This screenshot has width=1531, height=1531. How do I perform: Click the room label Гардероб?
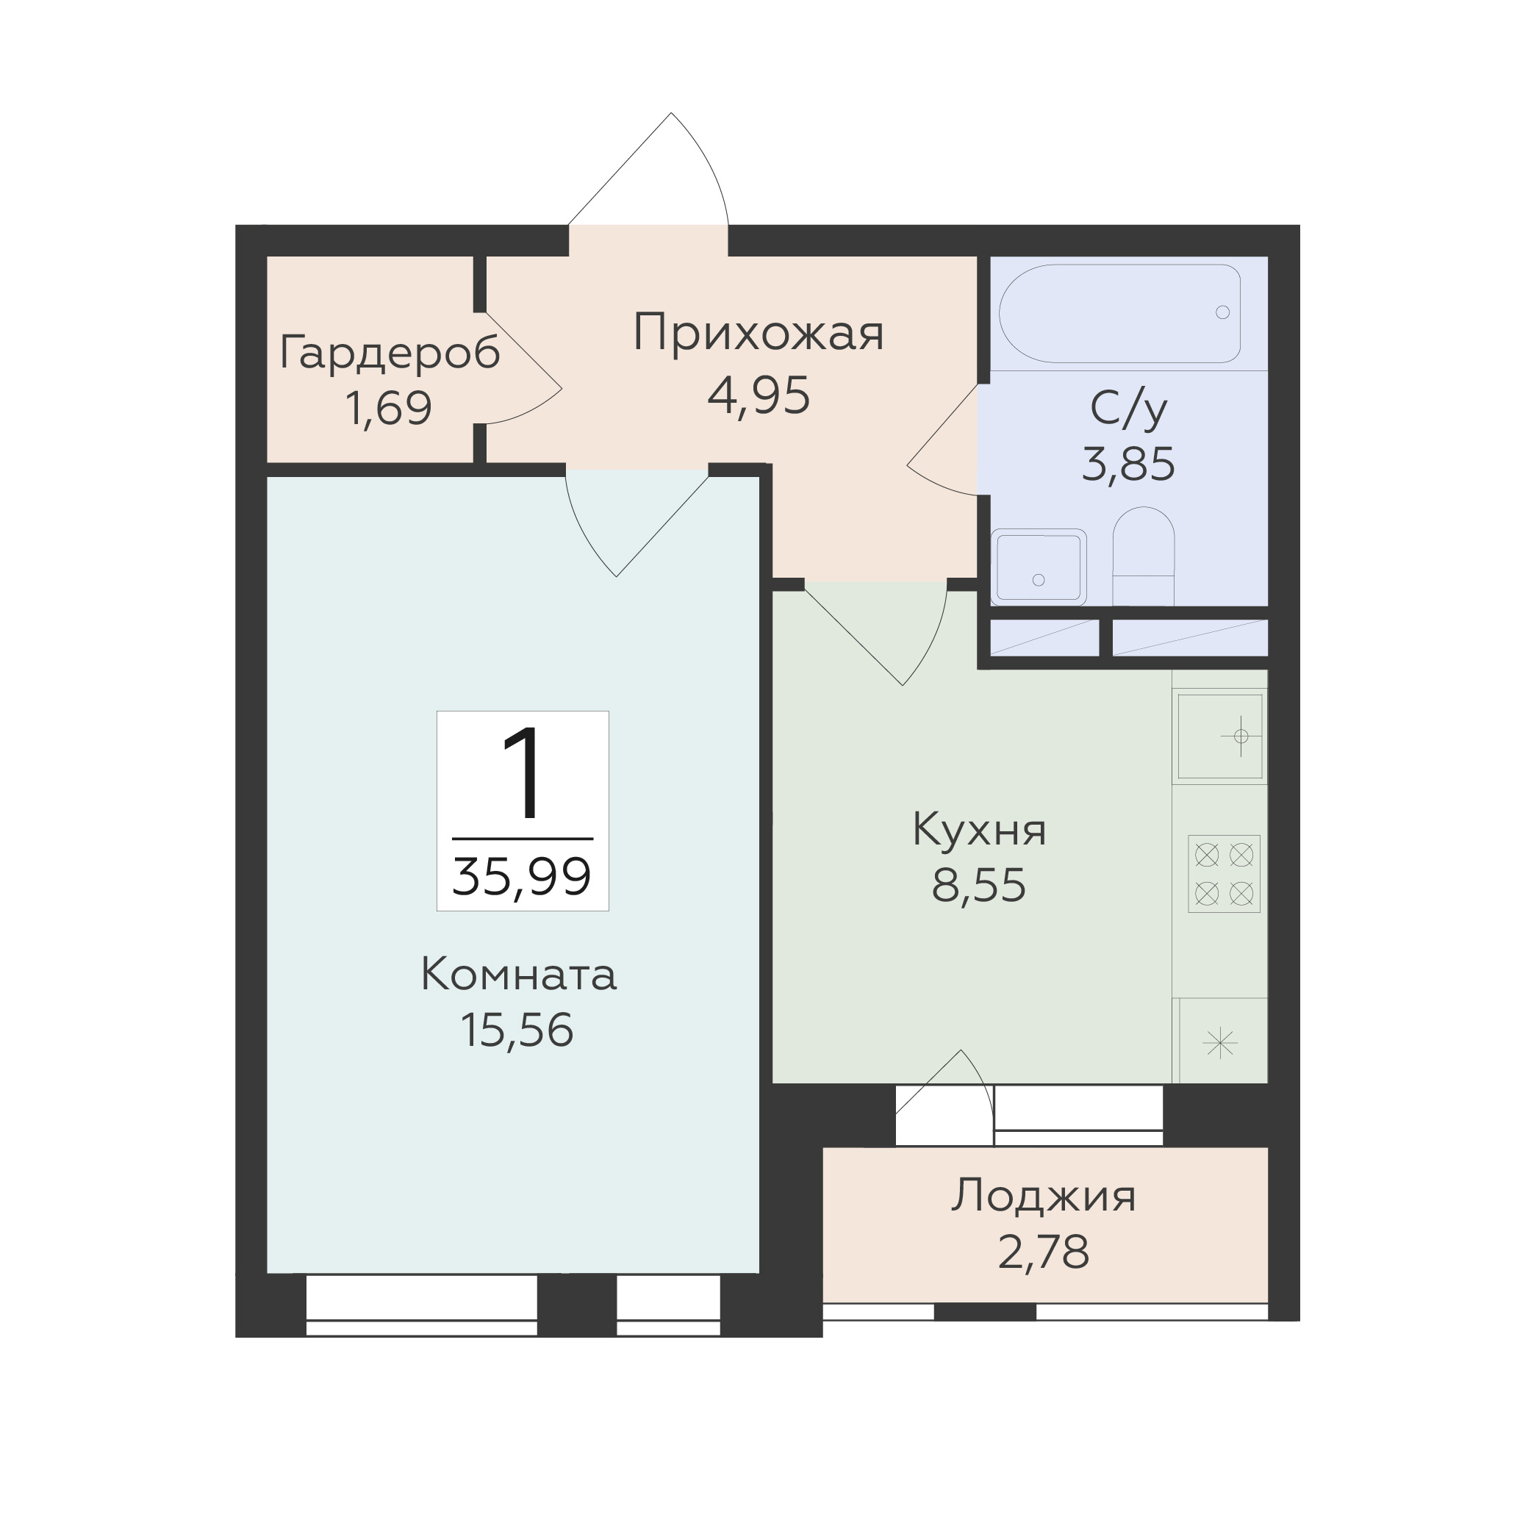pyautogui.click(x=390, y=353)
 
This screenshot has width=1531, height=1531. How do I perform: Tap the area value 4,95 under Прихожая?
pyautogui.click(x=759, y=396)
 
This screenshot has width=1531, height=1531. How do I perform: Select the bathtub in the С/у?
pyautogui.click(x=1119, y=314)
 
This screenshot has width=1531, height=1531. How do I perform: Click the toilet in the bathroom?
pyautogui.click(x=1144, y=556)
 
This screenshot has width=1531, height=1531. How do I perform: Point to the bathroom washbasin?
pyautogui.click(x=1038, y=567)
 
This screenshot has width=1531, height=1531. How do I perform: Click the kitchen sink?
pyautogui.click(x=1219, y=737)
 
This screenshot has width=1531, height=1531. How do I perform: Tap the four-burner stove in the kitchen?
pyautogui.click(x=1224, y=873)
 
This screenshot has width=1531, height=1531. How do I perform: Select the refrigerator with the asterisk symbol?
pyautogui.click(x=1220, y=1041)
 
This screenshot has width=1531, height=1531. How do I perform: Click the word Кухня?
pyautogui.click(x=980, y=830)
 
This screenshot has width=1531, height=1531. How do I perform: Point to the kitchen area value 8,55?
pyautogui.click(x=979, y=885)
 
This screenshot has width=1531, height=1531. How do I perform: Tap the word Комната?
pyautogui.click(x=518, y=974)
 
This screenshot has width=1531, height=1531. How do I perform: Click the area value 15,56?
pyautogui.click(x=517, y=1030)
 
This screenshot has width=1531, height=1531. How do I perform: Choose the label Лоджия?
pyautogui.click(x=1043, y=1197)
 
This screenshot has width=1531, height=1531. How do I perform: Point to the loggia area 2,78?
pyautogui.click(x=1043, y=1252)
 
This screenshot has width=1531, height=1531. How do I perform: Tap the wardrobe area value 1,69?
pyautogui.click(x=389, y=408)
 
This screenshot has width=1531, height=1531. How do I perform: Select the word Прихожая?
pyautogui.click(x=759, y=334)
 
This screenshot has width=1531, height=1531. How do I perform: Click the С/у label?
pyautogui.click(x=1128, y=409)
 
